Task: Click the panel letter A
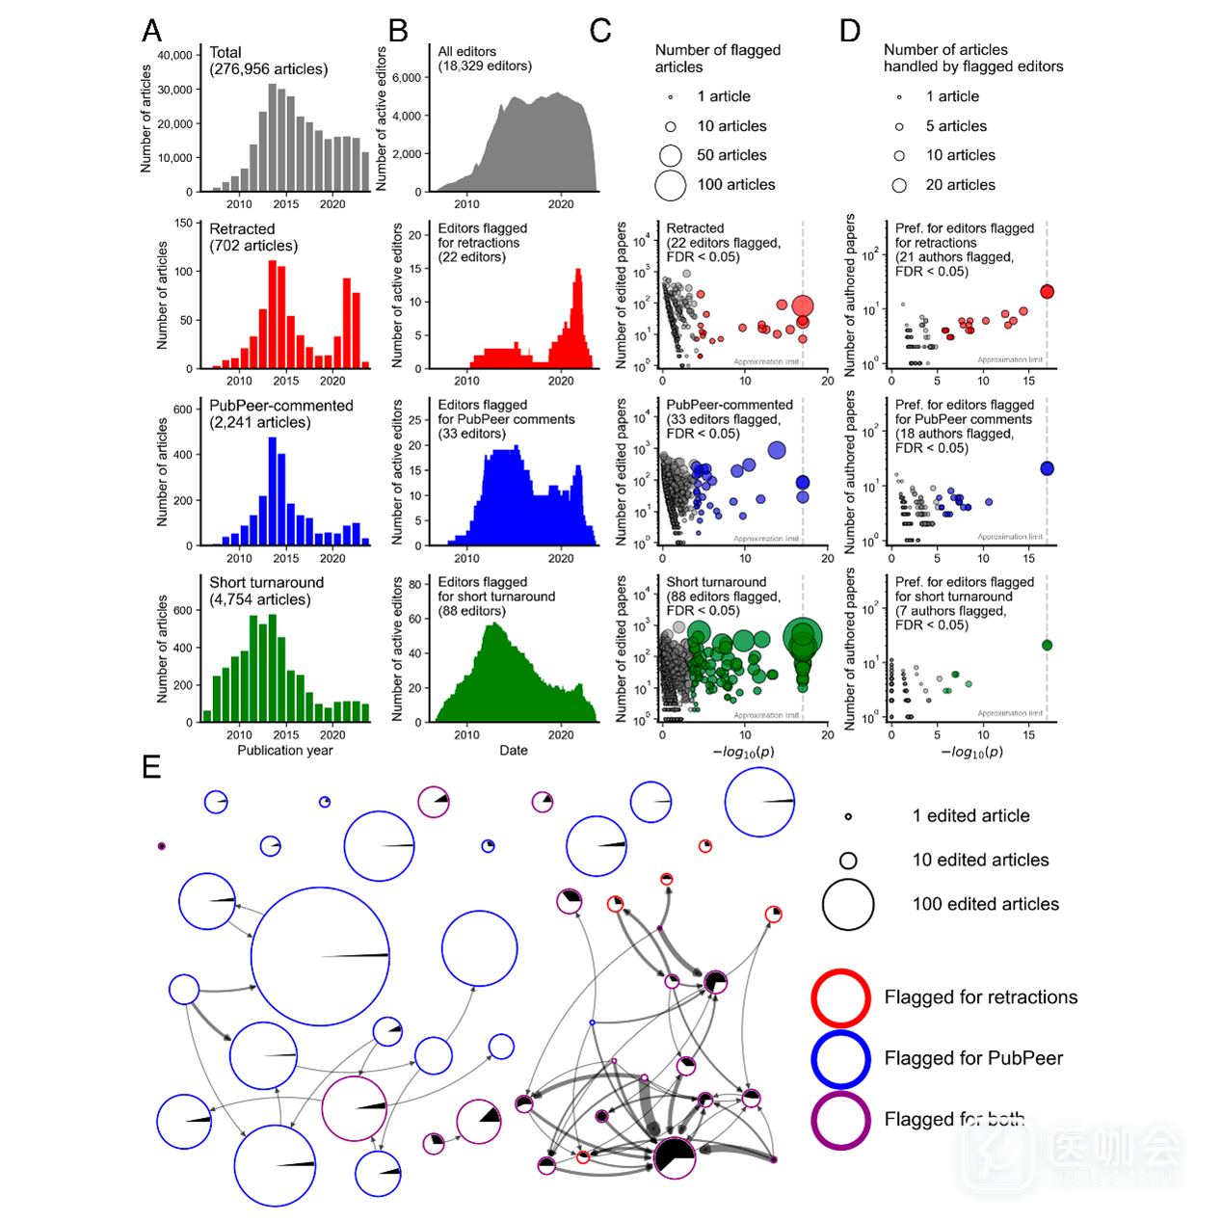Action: coord(151,31)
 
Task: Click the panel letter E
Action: coord(151,767)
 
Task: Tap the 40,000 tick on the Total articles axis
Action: coord(174,56)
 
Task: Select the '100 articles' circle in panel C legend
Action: coord(670,185)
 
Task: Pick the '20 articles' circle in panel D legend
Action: coord(899,185)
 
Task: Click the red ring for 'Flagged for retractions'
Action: coord(841,997)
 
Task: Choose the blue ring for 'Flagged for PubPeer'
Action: coord(841,1059)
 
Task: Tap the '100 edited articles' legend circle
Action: coord(848,905)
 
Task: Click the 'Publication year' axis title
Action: coord(285,751)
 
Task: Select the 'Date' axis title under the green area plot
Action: coord(514,751)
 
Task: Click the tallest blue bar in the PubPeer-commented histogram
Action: coord(272,491)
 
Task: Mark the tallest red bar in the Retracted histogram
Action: coord(272,314)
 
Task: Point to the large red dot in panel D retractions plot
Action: coord(1047,292)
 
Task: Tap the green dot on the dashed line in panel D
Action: coord(1047,646)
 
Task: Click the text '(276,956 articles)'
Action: coord(269,69)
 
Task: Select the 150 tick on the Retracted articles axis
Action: coord(183,223)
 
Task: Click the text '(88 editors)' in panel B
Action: coord(471,611)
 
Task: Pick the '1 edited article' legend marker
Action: coord(848,816)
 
